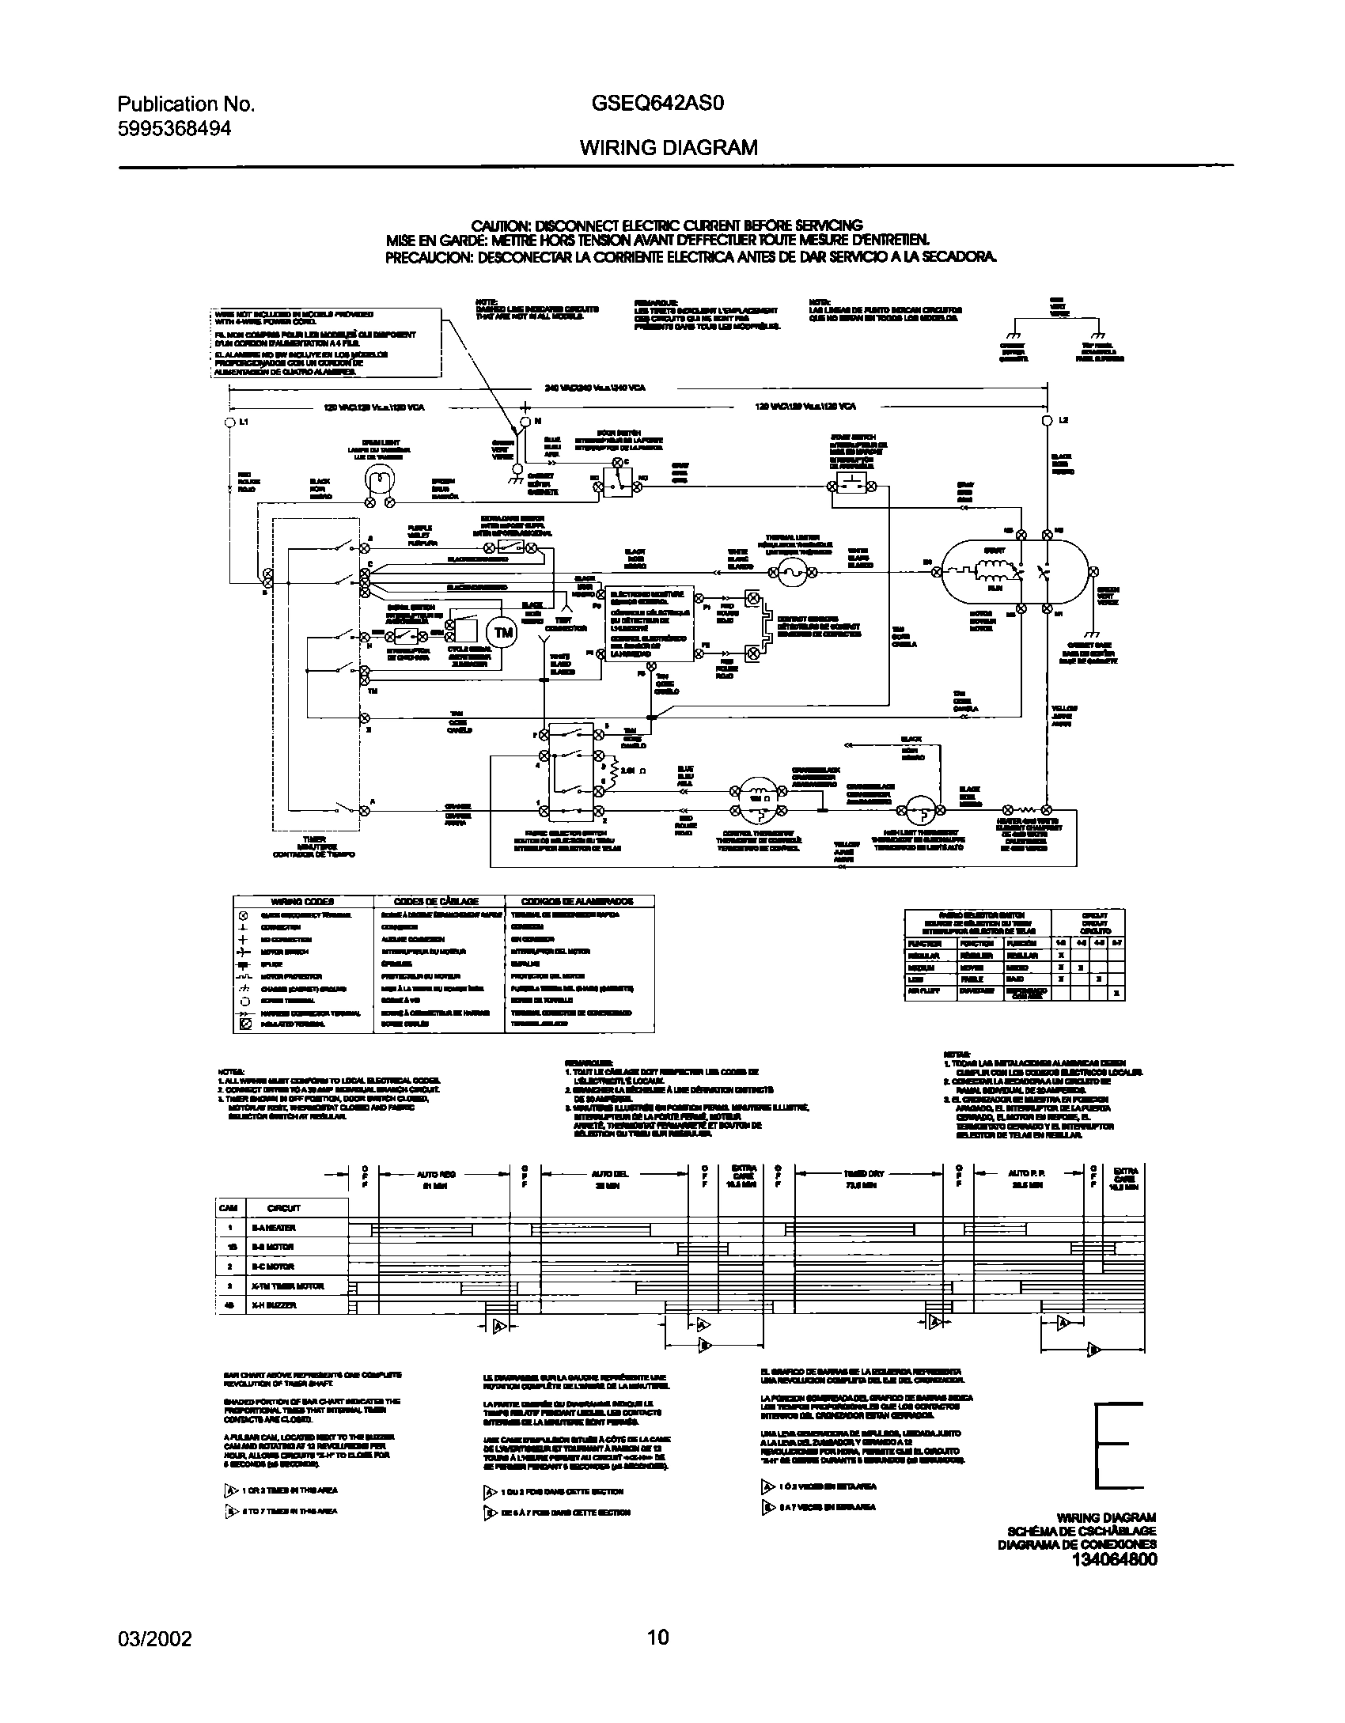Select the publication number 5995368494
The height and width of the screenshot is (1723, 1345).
pos(174,129)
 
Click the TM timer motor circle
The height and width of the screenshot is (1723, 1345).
pos(503,632)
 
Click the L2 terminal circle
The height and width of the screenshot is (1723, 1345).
pos(1047,420)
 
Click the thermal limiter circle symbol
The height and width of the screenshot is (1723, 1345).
pos(792,575)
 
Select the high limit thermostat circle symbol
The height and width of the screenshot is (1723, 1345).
pos(921,810)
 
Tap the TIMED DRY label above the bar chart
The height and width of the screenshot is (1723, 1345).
pos(863,1174)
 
